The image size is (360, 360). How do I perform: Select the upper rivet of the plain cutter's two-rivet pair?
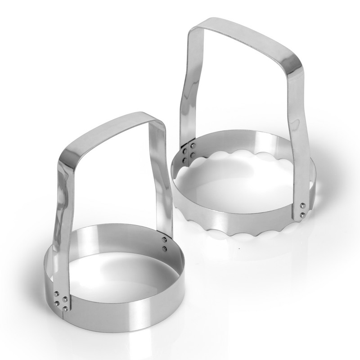coord(164,240)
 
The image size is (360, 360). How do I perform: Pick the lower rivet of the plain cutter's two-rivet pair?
coord(164,248)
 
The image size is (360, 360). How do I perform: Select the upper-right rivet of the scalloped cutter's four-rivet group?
coord(192,146)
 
